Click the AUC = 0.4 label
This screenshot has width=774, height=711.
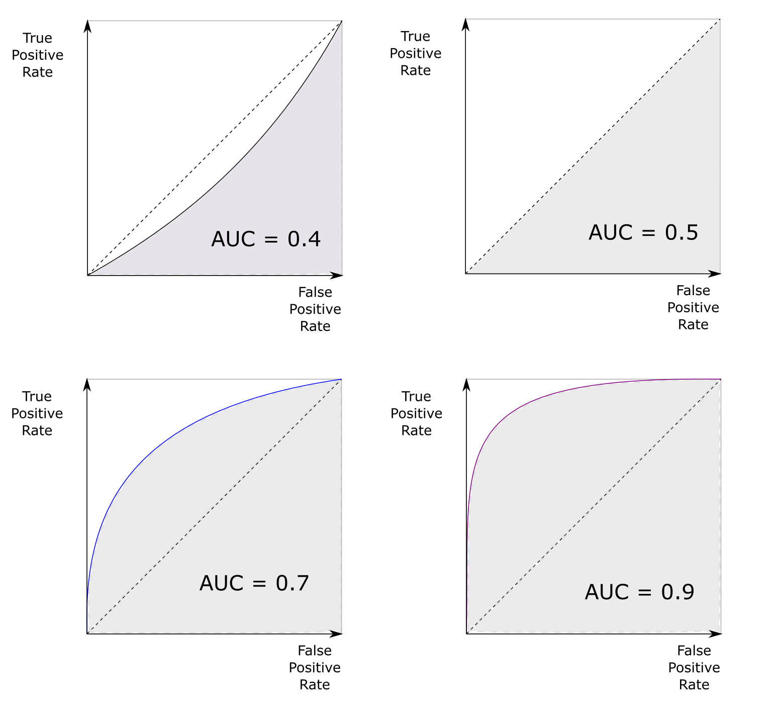tap(266, 239)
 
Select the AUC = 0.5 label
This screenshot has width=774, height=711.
tap(643, 232)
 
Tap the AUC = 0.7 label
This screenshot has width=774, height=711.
tap(254, 583)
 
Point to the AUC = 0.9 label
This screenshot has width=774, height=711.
tap(639, 592)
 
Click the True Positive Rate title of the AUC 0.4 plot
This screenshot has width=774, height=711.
tap(37, 55)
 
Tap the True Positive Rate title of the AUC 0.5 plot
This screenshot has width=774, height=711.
tap(416, 53)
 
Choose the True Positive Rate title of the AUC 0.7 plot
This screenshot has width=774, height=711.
tap(37, 413)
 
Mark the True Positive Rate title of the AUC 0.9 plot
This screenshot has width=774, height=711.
tap(416, 413)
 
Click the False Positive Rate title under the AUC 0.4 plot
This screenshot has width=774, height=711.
tap(315, 309)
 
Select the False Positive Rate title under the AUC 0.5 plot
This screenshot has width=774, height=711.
tap(693, 307)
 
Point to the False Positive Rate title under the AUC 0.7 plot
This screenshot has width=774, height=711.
tap(315, 668)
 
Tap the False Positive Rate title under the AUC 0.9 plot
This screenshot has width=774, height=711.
tap(694, 668)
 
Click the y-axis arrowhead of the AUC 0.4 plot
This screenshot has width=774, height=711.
tap(88, 25)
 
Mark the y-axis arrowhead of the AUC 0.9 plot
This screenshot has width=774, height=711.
tap(467, 384)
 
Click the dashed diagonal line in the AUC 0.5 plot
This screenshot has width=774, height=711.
tap(593, 146)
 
